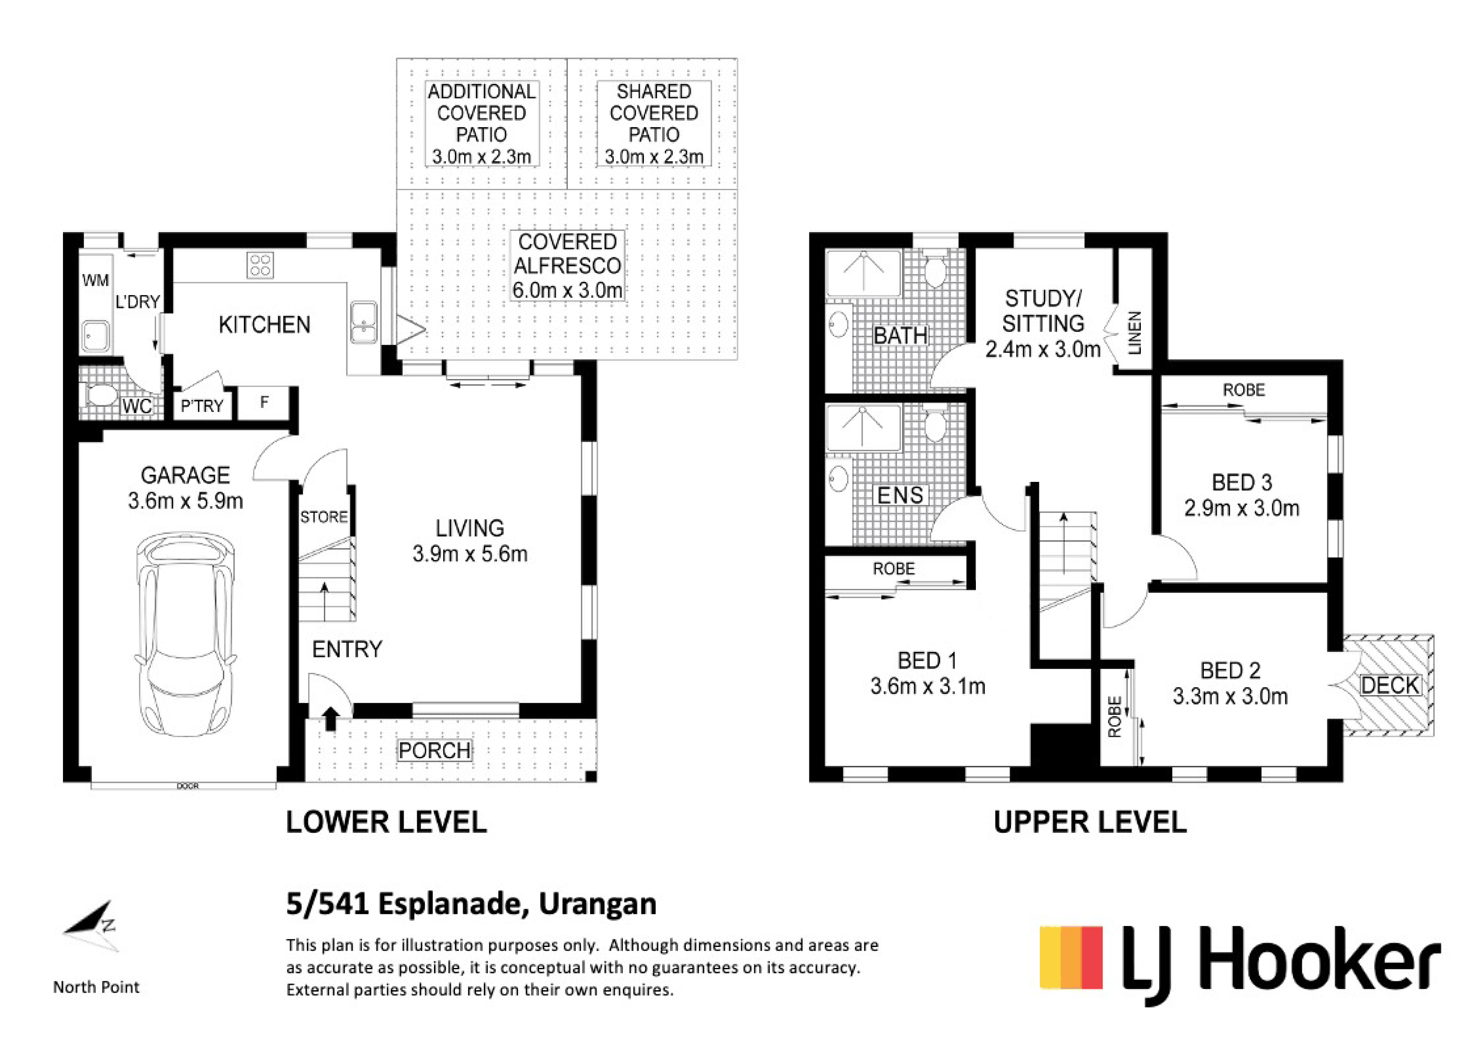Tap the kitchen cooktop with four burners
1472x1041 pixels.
(260, 265)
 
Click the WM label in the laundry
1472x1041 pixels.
(96, 280)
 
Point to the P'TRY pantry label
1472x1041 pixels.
(202, 406)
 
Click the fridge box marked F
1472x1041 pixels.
(264, 403)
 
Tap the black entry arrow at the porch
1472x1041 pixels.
(331, 719)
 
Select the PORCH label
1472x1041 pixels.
(435, 751)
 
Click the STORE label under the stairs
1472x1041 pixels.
(324, 517)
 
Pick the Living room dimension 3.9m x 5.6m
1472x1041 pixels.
(470, 554)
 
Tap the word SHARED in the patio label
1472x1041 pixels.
(654, 92)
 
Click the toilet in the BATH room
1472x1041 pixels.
(936, 269)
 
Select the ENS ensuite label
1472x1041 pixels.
(900, 495)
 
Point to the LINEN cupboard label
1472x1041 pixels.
(1135, 333)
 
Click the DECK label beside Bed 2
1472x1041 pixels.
(1390, 685)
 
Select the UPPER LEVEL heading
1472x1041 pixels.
(1090, 822)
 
